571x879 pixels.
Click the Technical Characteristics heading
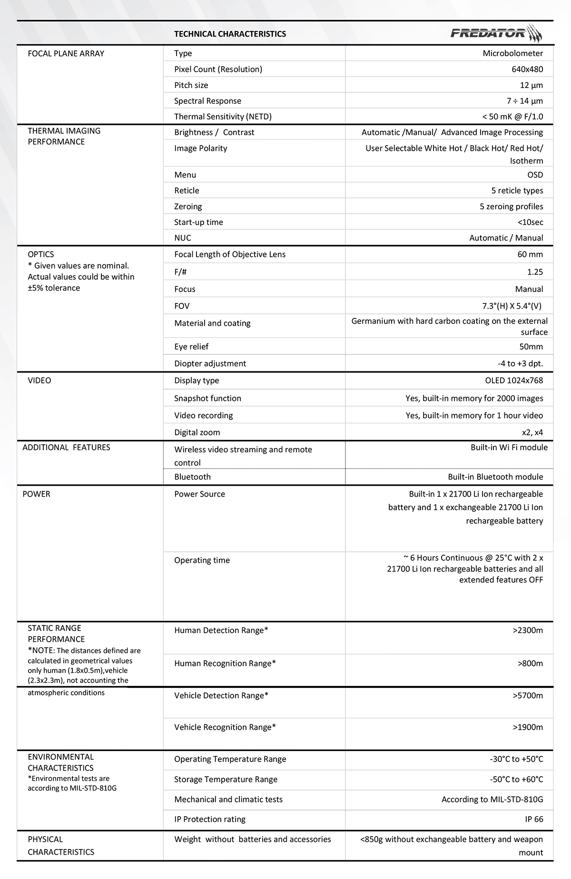[230, 34]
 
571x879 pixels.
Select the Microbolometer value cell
[512, 53]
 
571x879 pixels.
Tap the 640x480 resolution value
[527, 69]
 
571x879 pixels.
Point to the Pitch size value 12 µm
[531, 85]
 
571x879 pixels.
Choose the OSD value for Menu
[535, 175]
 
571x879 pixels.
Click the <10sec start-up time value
[530, 222]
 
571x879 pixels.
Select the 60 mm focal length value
[530, 254]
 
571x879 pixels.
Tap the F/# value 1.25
[535, 272]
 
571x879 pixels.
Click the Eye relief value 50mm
[531, 346]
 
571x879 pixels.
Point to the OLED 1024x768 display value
[514, 380]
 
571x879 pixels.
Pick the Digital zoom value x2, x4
[532, 432]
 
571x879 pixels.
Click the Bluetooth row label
[192, 477]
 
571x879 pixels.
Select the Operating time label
[202, 560]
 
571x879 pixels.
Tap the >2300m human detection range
[528, 630]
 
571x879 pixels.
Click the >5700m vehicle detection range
[528, 695]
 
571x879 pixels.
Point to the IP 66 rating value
[534, 819]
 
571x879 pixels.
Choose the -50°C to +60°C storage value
[516, 779]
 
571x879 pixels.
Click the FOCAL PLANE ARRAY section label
[66, 53]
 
